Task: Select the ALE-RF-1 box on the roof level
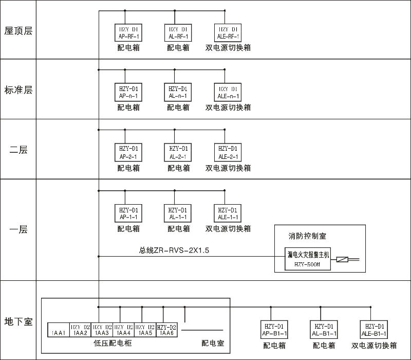228,32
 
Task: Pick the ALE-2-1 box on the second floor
228,152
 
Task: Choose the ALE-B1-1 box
374,330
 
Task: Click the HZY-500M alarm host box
307,259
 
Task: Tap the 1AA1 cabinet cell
58,330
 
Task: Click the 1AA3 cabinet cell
101,330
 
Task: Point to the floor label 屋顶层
18,31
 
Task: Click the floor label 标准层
18,90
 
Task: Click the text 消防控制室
308,236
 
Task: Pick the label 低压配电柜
113,343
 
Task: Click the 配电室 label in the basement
213,343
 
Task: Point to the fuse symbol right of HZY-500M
342,260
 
